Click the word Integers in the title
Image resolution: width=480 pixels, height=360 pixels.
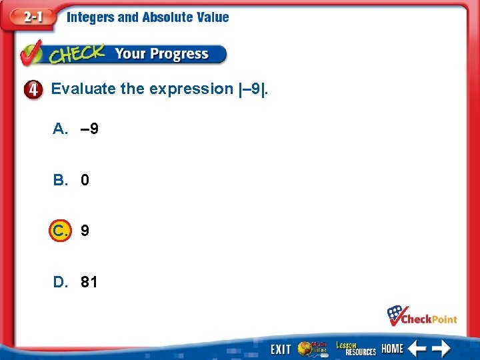click(90, 18)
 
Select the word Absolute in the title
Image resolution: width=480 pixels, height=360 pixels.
click(167, 18)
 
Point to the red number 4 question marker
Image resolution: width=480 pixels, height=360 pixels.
click(36, 89)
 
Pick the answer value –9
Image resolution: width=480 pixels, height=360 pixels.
click(89, 129)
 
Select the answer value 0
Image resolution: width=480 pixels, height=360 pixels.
click(85, 180)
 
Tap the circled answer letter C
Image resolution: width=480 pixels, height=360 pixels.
click(59, 231)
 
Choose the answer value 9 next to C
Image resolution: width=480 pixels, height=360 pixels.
click(85, 231)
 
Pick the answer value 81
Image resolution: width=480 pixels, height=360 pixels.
click(89, 282)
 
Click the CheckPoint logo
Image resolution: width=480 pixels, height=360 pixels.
click(423, 316)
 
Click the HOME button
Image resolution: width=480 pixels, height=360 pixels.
click(392, 349)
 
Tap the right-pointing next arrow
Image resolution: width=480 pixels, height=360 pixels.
click(440, 348)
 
